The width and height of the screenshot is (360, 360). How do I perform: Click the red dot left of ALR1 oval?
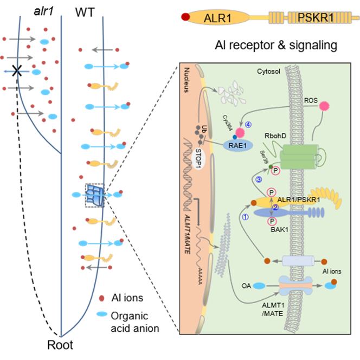(x=185, y=18)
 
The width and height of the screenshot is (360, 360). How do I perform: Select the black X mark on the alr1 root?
(x=17, y=70)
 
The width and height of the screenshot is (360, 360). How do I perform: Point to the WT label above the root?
(x=82, y=9)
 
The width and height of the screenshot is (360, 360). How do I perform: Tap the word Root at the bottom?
(x=60, y=344)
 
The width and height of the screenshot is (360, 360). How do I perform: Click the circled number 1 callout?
(x=245, y=215)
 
